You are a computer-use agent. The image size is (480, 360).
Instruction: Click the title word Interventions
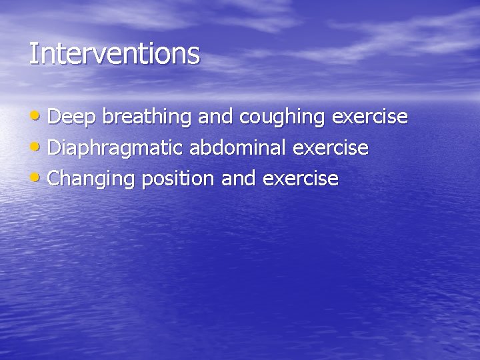(114, 53)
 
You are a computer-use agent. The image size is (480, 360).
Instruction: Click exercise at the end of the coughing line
(370, 117)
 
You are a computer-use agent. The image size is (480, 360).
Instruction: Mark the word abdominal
(239, 147)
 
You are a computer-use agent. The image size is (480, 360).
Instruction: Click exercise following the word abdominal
(331, 147)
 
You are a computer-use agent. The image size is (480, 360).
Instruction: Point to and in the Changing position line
(239, 178)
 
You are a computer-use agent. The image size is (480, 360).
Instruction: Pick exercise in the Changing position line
(301, 178)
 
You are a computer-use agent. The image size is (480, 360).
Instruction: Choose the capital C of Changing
(55, 178)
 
